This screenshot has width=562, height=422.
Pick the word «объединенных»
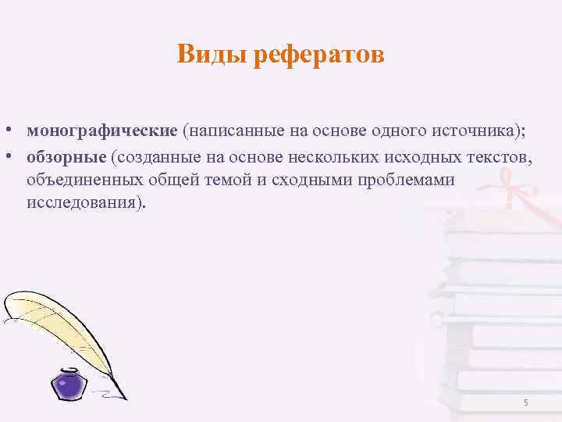click(84, 180)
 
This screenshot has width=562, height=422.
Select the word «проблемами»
click(411, 180)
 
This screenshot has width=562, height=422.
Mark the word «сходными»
click(309, 180)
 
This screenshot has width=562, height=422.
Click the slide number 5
click(525, 402)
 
